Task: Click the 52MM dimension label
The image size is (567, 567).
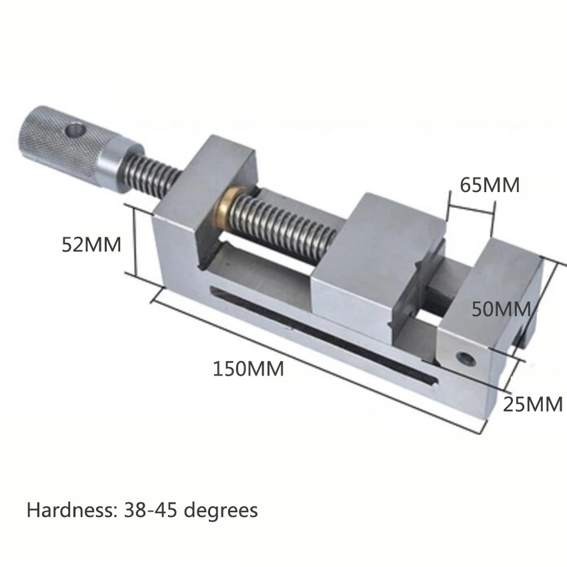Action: point(91,245)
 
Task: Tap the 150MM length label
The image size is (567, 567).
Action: point(248,368)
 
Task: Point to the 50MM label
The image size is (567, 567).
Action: point(500,309)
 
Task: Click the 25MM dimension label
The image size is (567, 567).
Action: point(533,404)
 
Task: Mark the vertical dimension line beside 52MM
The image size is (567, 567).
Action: point(135,243)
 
